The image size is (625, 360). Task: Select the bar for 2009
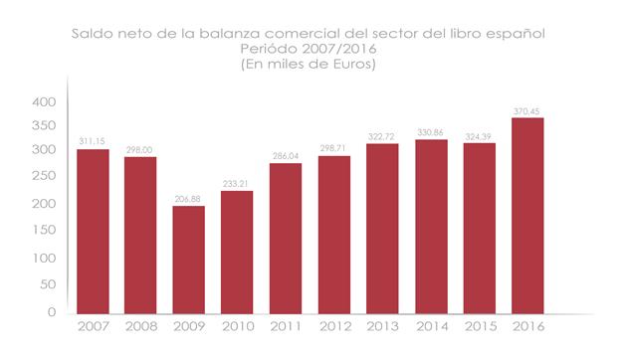(189, 259)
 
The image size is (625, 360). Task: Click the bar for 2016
(527, 215)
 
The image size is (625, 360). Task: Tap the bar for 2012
(334, 234)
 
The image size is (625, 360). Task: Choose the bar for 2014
(431, 226)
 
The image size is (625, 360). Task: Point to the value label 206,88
(189, 199)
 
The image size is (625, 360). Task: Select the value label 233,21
(238, 184)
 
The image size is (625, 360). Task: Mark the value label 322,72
(382, 137)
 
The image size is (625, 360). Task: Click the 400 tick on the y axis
(44, 102)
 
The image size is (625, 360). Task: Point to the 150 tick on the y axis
(44, 231)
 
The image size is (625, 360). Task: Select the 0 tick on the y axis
(52, 312)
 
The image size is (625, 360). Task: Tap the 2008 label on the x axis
(141, 326)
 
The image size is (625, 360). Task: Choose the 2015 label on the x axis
(479, 326)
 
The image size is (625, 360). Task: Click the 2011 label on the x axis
(286, 326)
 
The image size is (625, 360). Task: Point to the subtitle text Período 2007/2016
(312, 49)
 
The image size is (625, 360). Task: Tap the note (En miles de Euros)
(312, 64)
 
